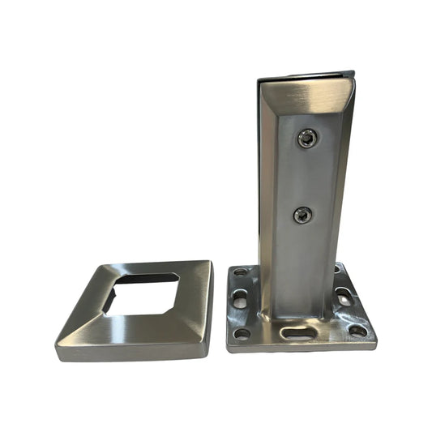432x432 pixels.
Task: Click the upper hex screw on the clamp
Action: [306, 139]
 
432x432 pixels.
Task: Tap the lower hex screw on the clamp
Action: [302, 215]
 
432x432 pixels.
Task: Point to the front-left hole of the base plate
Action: [242, 332]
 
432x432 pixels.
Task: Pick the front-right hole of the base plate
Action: [357, 330]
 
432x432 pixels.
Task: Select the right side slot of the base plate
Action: [345, 297]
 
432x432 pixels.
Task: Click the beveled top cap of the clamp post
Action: [308, 96]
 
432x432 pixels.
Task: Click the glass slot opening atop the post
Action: [306, 78]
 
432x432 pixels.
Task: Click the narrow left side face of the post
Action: [265, 195]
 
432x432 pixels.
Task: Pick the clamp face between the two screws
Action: [304, 177]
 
